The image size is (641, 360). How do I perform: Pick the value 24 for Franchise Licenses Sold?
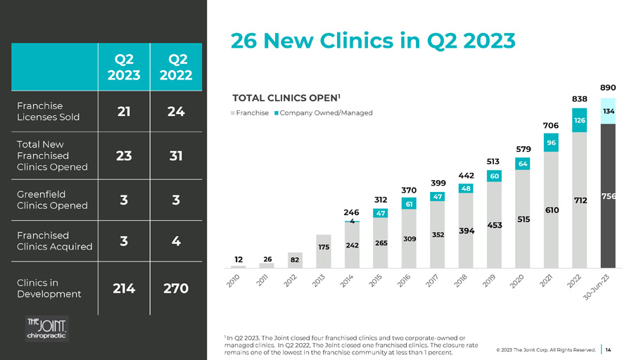[x=175, y=111]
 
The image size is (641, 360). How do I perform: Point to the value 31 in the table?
[x=175, y=155]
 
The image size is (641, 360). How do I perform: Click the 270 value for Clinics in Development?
[x=175, y=288]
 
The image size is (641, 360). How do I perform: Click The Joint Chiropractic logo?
[x=46, y=328]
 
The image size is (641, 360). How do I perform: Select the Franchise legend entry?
[x=250, y=113]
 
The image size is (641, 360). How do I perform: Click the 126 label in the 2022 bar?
[x=580, y=121]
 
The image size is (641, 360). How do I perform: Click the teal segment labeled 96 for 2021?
[x=552, y=143]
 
